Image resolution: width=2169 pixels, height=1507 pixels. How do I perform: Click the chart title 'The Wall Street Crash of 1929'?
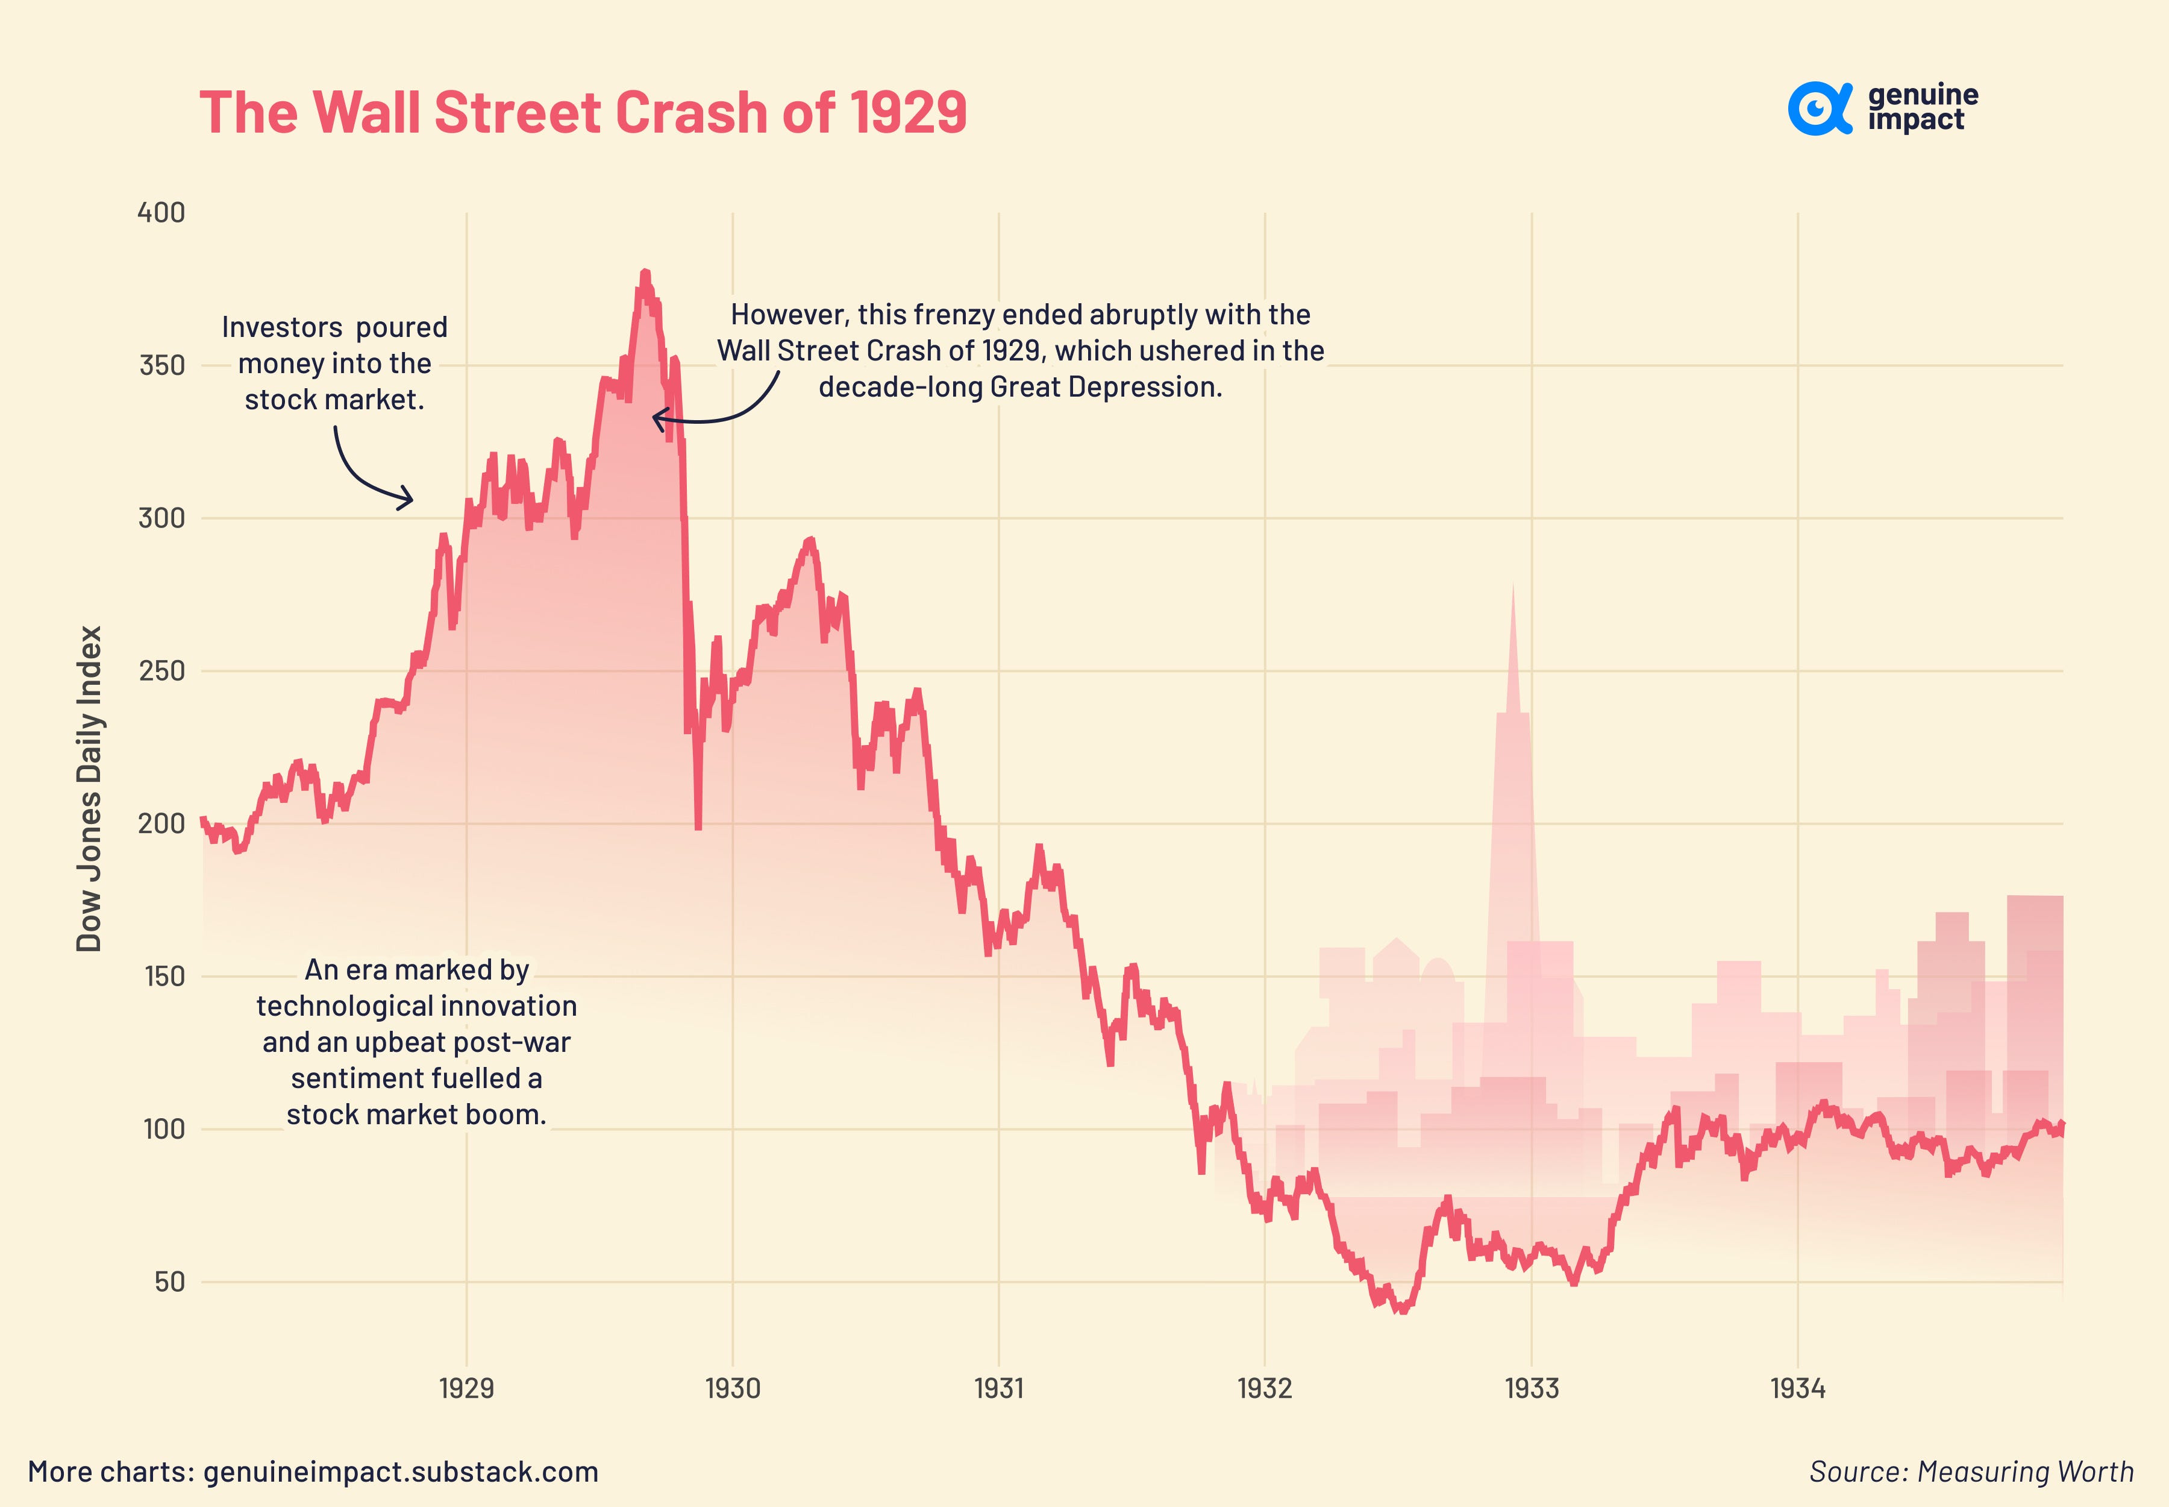583,112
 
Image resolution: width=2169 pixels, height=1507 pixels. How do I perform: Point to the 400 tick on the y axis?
161,212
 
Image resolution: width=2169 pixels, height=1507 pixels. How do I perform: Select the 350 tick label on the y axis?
161,365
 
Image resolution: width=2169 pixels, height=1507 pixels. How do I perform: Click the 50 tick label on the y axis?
170,1282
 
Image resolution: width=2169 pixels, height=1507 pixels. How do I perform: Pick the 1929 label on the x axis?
466,1388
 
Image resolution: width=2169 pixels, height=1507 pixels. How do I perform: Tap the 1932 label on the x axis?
1265,1388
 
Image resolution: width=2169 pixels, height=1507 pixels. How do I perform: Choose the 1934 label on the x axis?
1797,1388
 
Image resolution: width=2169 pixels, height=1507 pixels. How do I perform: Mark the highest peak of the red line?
645,273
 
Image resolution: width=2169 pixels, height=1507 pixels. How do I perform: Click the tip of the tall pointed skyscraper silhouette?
1512,585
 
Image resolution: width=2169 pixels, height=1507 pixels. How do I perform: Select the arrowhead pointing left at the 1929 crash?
658,418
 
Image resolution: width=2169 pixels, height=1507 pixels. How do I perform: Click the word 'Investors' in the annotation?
269,328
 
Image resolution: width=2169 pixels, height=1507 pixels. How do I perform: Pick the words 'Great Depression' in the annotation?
1112,387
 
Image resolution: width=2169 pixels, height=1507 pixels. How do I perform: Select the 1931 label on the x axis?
998,1388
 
